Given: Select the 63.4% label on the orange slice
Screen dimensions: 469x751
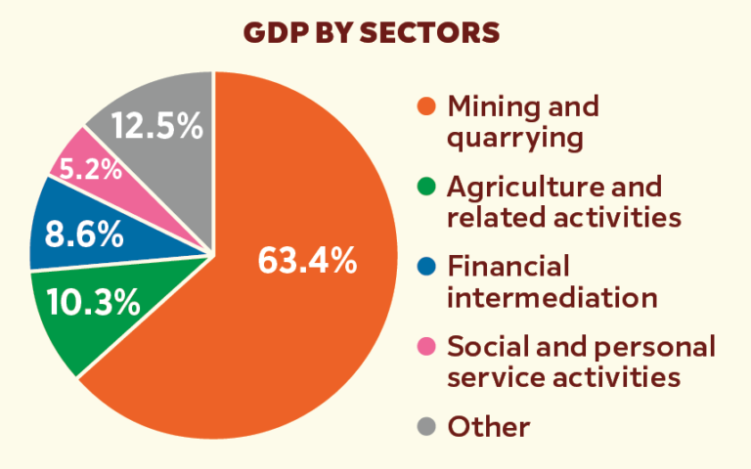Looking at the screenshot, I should click(306, 262).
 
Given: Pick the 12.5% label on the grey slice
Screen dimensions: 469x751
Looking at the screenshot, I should click(156, 127).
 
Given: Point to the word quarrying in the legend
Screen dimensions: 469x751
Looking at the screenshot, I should click(514, 138).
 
